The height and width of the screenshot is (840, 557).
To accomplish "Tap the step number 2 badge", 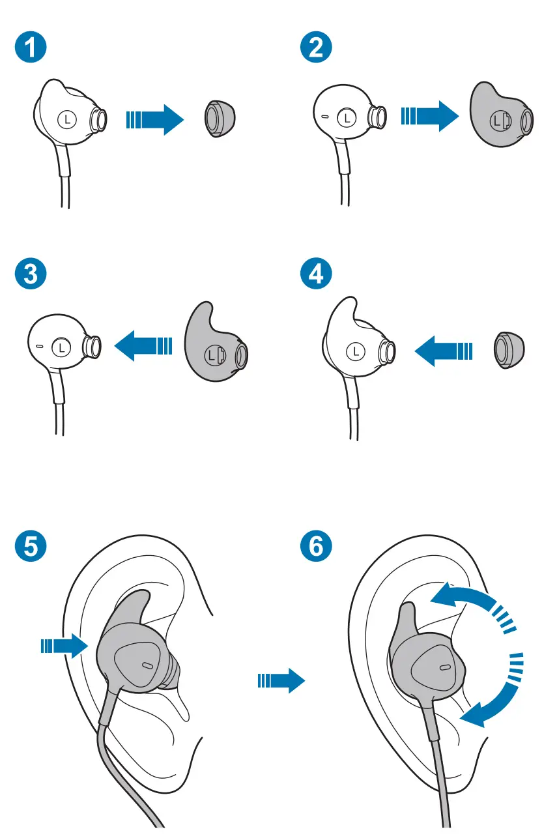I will pos(316,48).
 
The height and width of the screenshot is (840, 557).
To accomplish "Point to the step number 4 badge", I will pos(316,274).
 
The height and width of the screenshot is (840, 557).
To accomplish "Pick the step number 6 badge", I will pos(316,546).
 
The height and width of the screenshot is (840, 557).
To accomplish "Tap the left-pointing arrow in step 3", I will pos(143,345).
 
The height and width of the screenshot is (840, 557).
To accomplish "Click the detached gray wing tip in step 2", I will pos(501,115).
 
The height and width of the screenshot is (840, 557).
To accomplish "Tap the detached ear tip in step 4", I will pos(509,350).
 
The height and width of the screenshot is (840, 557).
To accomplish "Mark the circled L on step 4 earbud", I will pos(356,351).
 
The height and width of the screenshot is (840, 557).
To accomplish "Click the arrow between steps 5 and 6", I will pos(281,681).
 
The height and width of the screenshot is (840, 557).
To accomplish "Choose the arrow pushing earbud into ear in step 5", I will pos(64,646).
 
